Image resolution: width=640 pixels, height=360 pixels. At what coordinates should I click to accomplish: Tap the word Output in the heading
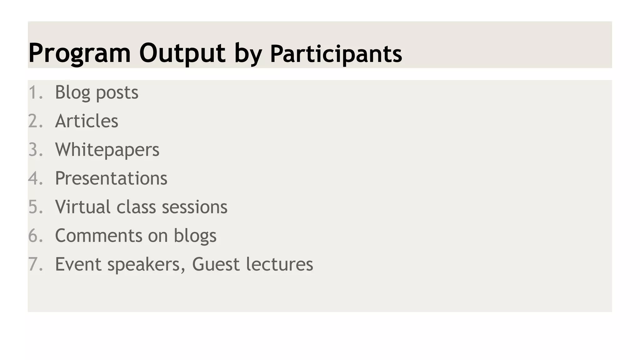(182, 53)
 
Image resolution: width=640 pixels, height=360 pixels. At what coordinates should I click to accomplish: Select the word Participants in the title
(336, 54)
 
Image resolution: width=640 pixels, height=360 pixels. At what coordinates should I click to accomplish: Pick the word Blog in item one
(72, 92)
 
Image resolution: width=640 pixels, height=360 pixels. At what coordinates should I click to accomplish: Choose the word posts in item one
(117, 93)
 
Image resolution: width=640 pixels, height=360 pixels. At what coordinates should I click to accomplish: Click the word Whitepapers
(107, 150)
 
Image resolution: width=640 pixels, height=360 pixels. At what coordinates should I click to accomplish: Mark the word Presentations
(111, 178)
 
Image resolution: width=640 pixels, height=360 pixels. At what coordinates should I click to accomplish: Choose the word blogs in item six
(195, 236)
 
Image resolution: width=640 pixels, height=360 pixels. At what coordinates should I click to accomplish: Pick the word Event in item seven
(78, 264)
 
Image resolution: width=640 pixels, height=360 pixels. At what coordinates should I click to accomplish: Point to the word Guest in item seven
(216, 264)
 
